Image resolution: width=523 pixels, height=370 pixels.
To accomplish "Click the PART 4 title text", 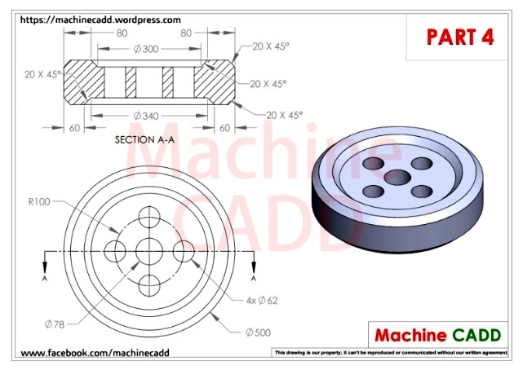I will (x=460, y=36).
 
